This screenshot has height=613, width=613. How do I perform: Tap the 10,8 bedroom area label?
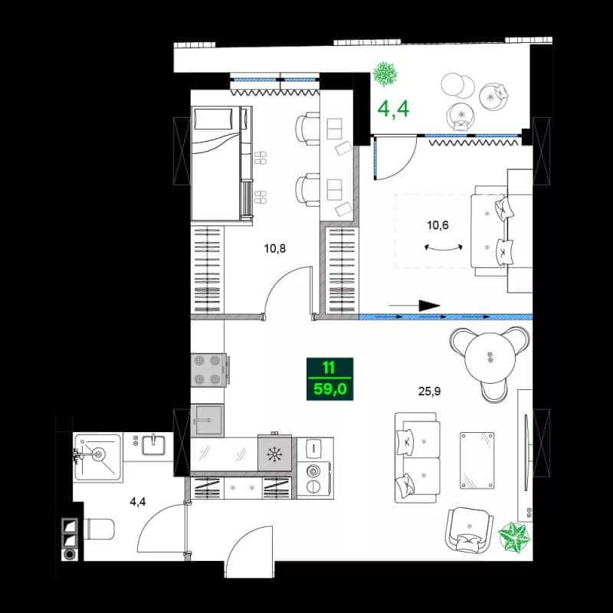(274, 248)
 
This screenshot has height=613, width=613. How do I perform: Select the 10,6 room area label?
(438, 225)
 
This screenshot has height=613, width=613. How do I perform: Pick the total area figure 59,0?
(329, 388)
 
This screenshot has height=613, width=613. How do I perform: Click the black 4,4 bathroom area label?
(137, 503)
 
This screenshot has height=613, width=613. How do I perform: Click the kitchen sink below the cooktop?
(207, 420)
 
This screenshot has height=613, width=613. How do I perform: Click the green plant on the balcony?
(385, 74)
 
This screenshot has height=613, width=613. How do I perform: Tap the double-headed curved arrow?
(444, 247)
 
